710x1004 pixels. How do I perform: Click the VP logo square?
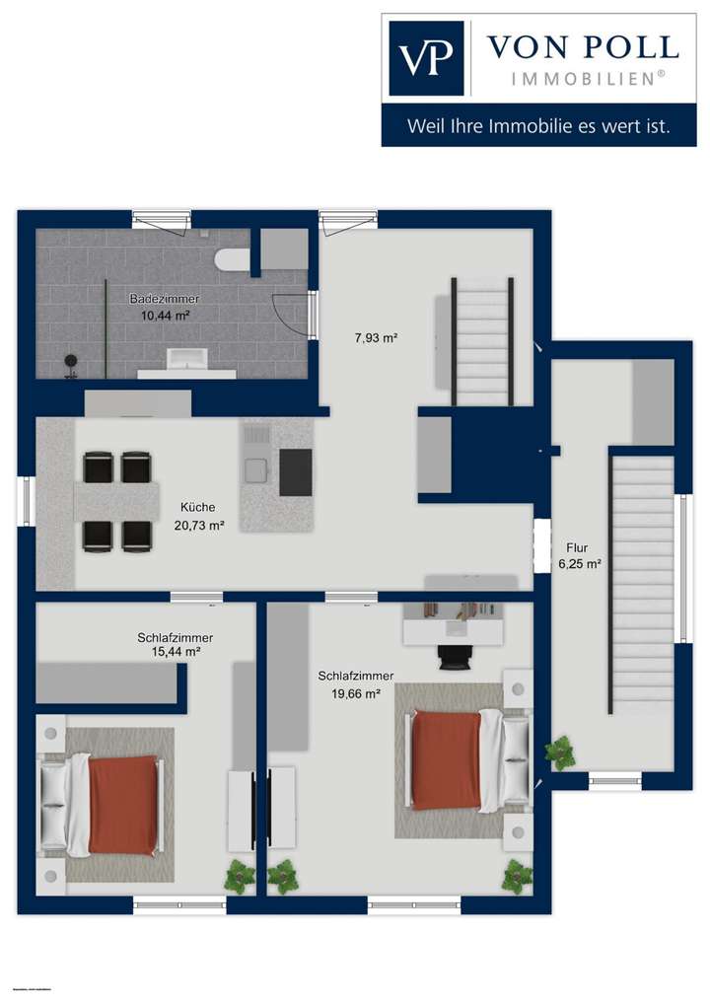click(x=426, y=58)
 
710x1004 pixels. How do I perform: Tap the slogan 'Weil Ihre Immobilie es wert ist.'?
click(x=538, y=126)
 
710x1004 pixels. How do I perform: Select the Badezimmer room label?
click(x=165, y=298)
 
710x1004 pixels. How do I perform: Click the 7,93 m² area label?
click(x=376, y=338)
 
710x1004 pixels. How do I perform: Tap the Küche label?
click(x=198, y=507)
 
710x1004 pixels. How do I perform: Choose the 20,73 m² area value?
click(x=198, y=525)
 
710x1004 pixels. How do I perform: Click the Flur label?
click(x=577, y=547)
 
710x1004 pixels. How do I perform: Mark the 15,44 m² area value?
click(x=176, y=652)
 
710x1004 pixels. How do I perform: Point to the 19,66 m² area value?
click(x=355, y=693)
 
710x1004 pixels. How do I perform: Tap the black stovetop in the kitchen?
click(x=295, y=472)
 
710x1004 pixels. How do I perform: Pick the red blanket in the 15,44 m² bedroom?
click(x=123, y=804)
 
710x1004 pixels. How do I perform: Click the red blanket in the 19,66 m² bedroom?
click(x=446, y=760)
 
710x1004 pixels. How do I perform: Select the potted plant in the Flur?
click(x=561, y=753)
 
